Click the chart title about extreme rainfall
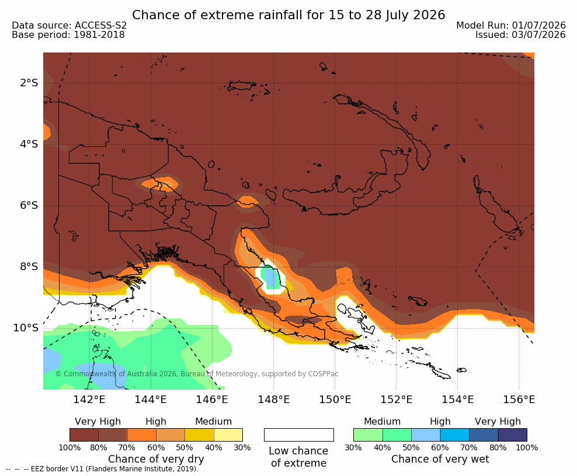288,15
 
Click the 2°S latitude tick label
29,83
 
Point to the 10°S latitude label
26,327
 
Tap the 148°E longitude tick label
274,399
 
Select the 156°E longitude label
519,399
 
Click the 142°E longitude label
89,399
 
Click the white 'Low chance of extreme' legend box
299,435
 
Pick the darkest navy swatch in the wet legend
513,435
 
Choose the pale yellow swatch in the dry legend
228,435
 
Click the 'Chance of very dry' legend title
156,459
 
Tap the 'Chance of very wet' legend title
440,459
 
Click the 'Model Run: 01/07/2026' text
511,25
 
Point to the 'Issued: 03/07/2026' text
520,35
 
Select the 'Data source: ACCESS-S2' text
69,25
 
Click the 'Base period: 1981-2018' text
68,35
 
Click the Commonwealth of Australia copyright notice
196,374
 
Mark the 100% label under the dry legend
69,447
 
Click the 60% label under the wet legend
440,447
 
